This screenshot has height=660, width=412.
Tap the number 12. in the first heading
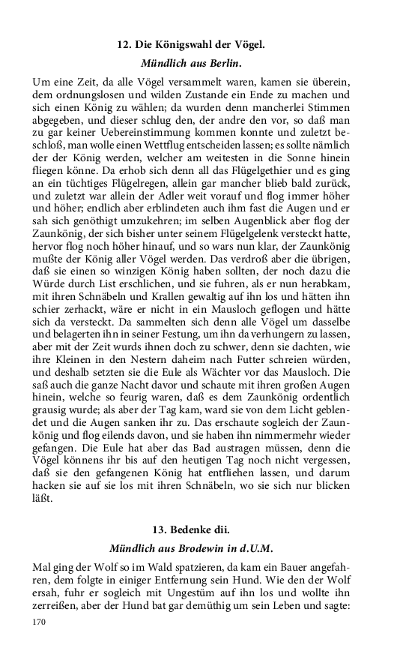pyautogui.click(x=124, y=46)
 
